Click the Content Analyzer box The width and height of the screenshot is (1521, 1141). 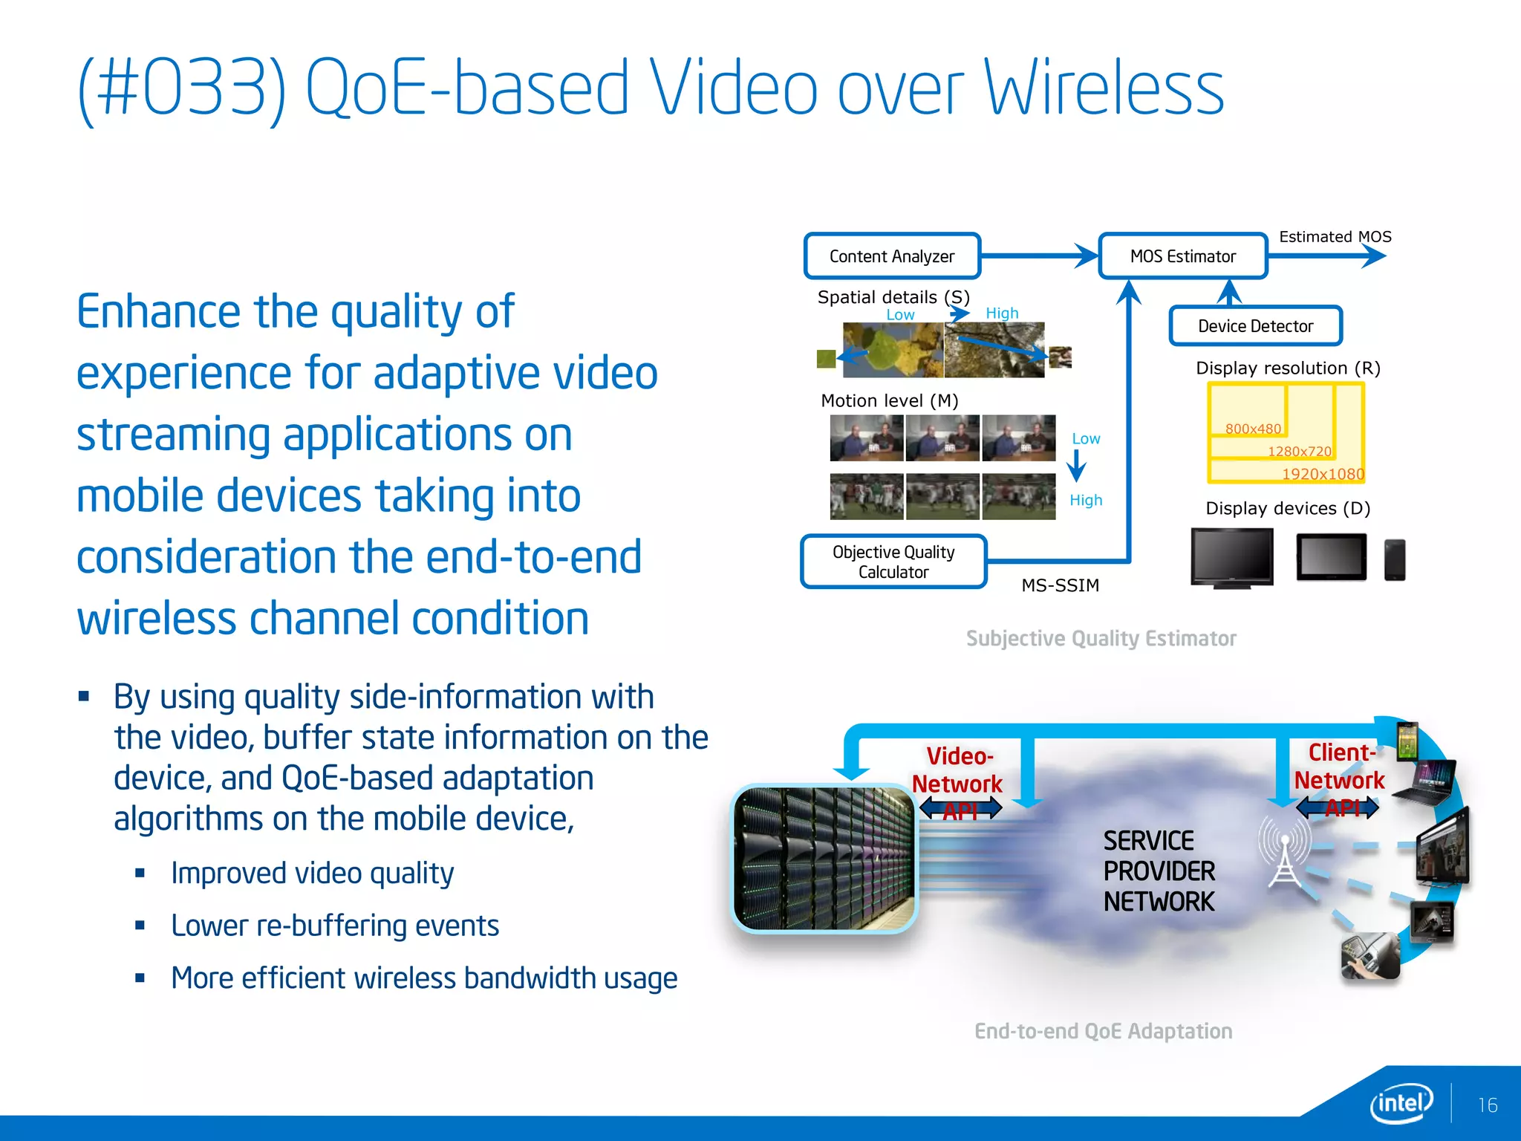892,256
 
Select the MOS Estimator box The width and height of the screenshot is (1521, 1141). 1182,256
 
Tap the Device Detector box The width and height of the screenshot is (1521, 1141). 1255,326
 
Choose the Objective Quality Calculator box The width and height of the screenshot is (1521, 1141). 893,562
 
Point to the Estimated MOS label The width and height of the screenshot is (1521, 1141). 1335,237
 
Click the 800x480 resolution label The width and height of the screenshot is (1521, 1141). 1253,429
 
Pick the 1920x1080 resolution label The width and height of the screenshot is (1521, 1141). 1323,474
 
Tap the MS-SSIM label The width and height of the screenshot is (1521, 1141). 1060,585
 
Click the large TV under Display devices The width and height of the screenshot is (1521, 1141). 1231,557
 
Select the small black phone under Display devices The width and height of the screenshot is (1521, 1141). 1394,559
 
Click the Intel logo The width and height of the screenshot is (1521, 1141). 1401,1103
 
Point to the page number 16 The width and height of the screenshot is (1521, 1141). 1487,1105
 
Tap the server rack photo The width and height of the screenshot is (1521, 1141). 824,859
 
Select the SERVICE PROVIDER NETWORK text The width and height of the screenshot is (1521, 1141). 1159,871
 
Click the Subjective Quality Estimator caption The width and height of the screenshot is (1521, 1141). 1101,639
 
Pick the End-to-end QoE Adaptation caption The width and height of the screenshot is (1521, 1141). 1103,1031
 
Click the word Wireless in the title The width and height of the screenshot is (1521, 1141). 1104,89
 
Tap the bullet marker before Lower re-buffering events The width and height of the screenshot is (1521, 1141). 140,926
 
